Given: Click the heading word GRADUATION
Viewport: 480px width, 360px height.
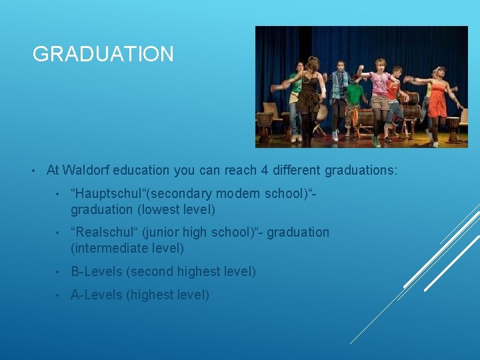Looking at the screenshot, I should tap(103, 54).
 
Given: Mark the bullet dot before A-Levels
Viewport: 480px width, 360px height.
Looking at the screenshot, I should tap(59, 295).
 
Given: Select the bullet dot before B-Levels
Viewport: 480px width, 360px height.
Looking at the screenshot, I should tap(59, 271).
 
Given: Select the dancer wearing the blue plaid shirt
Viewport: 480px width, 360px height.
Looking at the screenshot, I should tap(339, 90).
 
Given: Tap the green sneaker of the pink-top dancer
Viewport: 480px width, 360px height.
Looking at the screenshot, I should tap(377, 142).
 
